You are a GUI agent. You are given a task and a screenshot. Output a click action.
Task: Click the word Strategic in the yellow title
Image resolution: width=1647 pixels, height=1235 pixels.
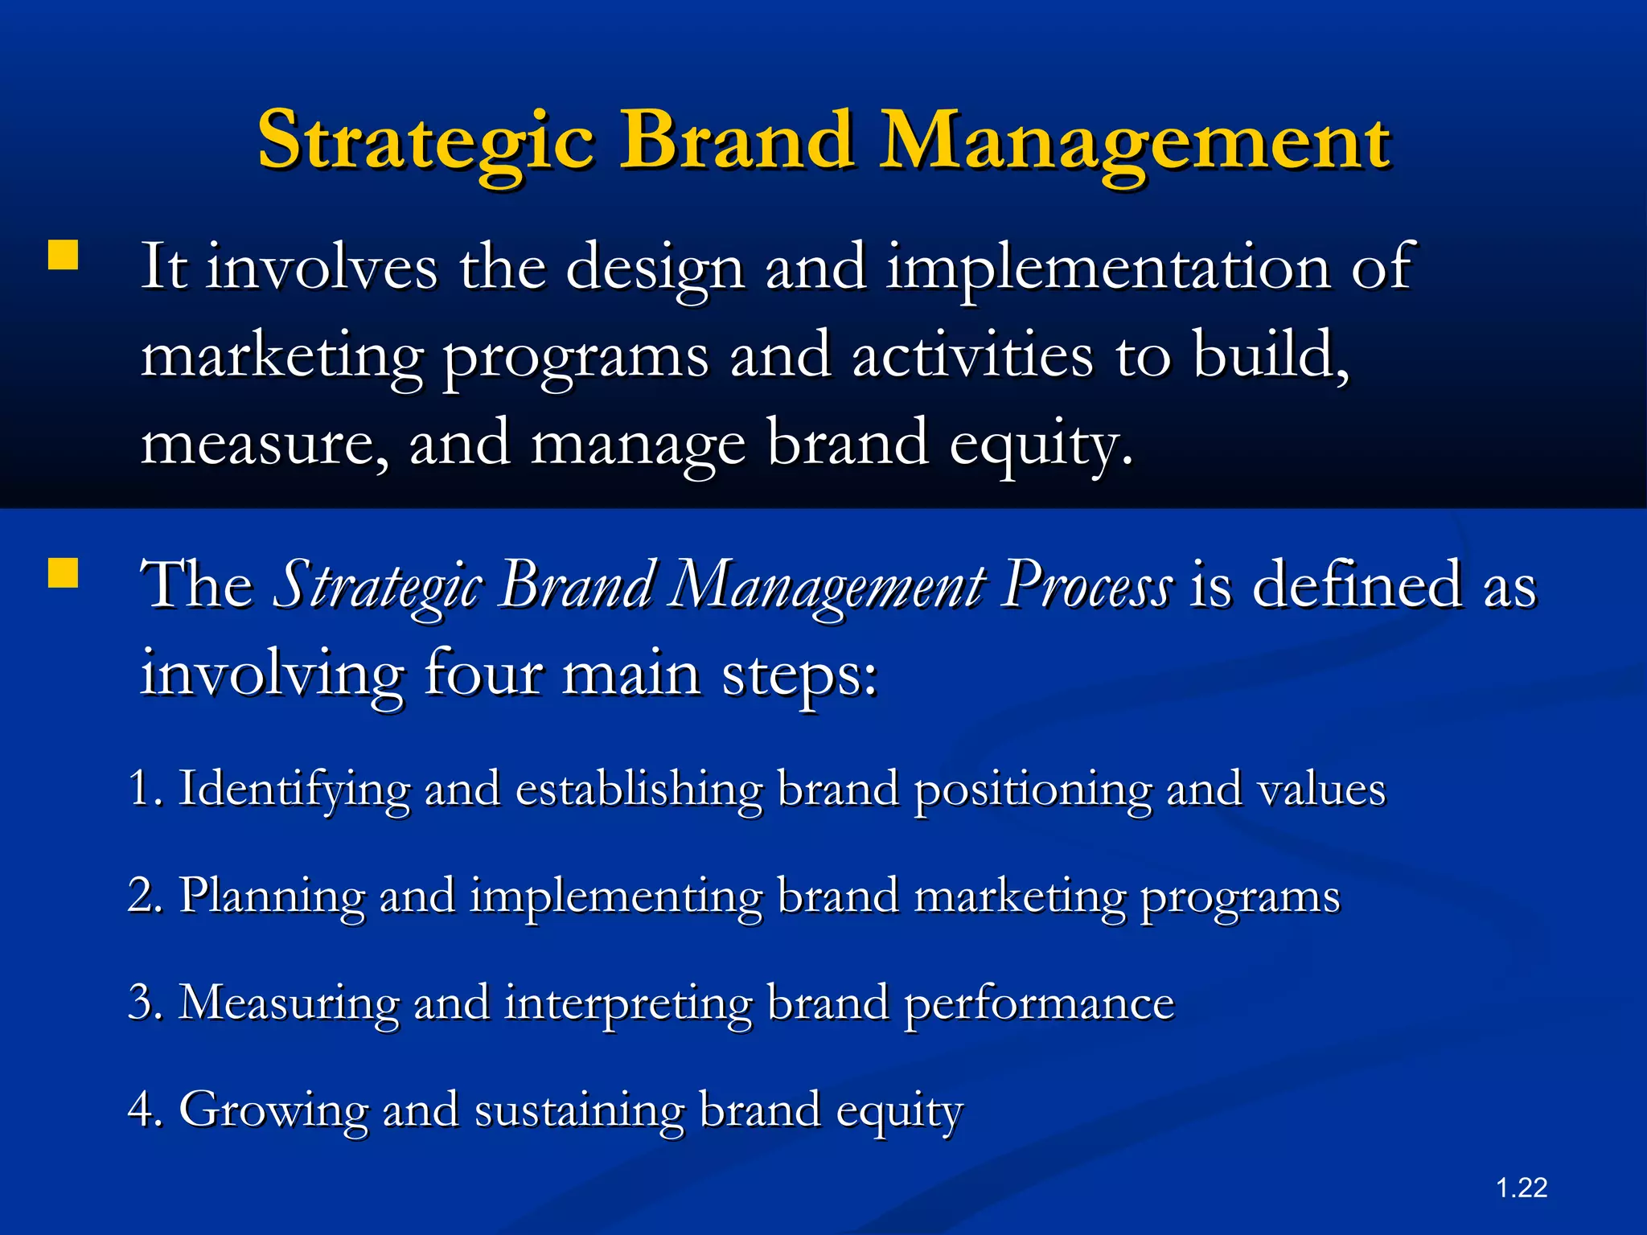pos(426,142)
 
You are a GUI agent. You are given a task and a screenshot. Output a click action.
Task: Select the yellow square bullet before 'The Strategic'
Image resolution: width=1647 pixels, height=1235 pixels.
pos(63,574)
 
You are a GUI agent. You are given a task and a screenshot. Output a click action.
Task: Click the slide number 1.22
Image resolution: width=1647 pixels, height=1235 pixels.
pos(1522,1188)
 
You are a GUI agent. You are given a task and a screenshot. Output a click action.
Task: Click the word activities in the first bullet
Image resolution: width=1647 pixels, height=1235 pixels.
pos(973,355)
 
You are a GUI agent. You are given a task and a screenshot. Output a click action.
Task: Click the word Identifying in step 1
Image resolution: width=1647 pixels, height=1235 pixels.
pos(294,790)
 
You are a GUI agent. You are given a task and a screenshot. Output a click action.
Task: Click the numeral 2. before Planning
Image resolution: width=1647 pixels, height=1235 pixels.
pos(145,895)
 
